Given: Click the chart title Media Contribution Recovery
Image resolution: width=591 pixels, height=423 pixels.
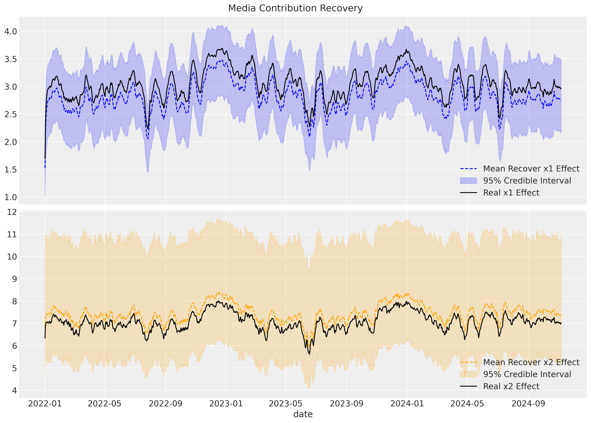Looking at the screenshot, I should click(295, 8).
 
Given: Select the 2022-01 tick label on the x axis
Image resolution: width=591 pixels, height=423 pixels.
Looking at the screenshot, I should click(45, 404).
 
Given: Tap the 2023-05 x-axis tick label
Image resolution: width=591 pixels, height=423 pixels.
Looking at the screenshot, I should click(286, 404).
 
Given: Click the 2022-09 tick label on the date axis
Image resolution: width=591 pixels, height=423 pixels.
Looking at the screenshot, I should click(165, 404).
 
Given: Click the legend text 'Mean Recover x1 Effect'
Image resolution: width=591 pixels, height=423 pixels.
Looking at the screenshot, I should click(531, 169).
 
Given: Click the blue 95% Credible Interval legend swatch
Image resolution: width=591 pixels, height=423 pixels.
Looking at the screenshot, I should click(468, 181).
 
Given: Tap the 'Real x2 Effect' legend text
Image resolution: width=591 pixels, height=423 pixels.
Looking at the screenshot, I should click(511, 386).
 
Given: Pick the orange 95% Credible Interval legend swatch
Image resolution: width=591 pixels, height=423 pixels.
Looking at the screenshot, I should click(468, 374).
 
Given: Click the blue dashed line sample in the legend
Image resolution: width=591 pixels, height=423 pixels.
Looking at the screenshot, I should click(468, 169).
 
